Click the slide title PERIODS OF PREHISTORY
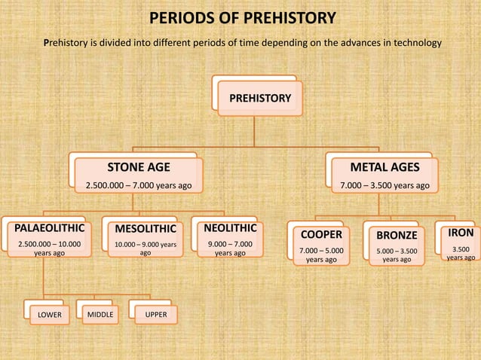tap(241, 18)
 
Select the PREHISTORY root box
tap(259, 98)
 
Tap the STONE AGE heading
tap(139, 166)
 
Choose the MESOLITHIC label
tap(145, 229)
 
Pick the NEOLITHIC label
tap(230, 227)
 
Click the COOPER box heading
tap(320, 235)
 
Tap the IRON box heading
tap(460, 233)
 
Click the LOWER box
tap(51, 313)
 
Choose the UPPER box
tap(156, 313)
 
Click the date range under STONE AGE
tap(139, 185)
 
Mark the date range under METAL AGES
tap(384, 185)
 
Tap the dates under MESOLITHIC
tap(145, 249)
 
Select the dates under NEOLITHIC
tap(230, 249)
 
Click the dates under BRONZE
tap(397, 255)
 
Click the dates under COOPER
tap(320, 255)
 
